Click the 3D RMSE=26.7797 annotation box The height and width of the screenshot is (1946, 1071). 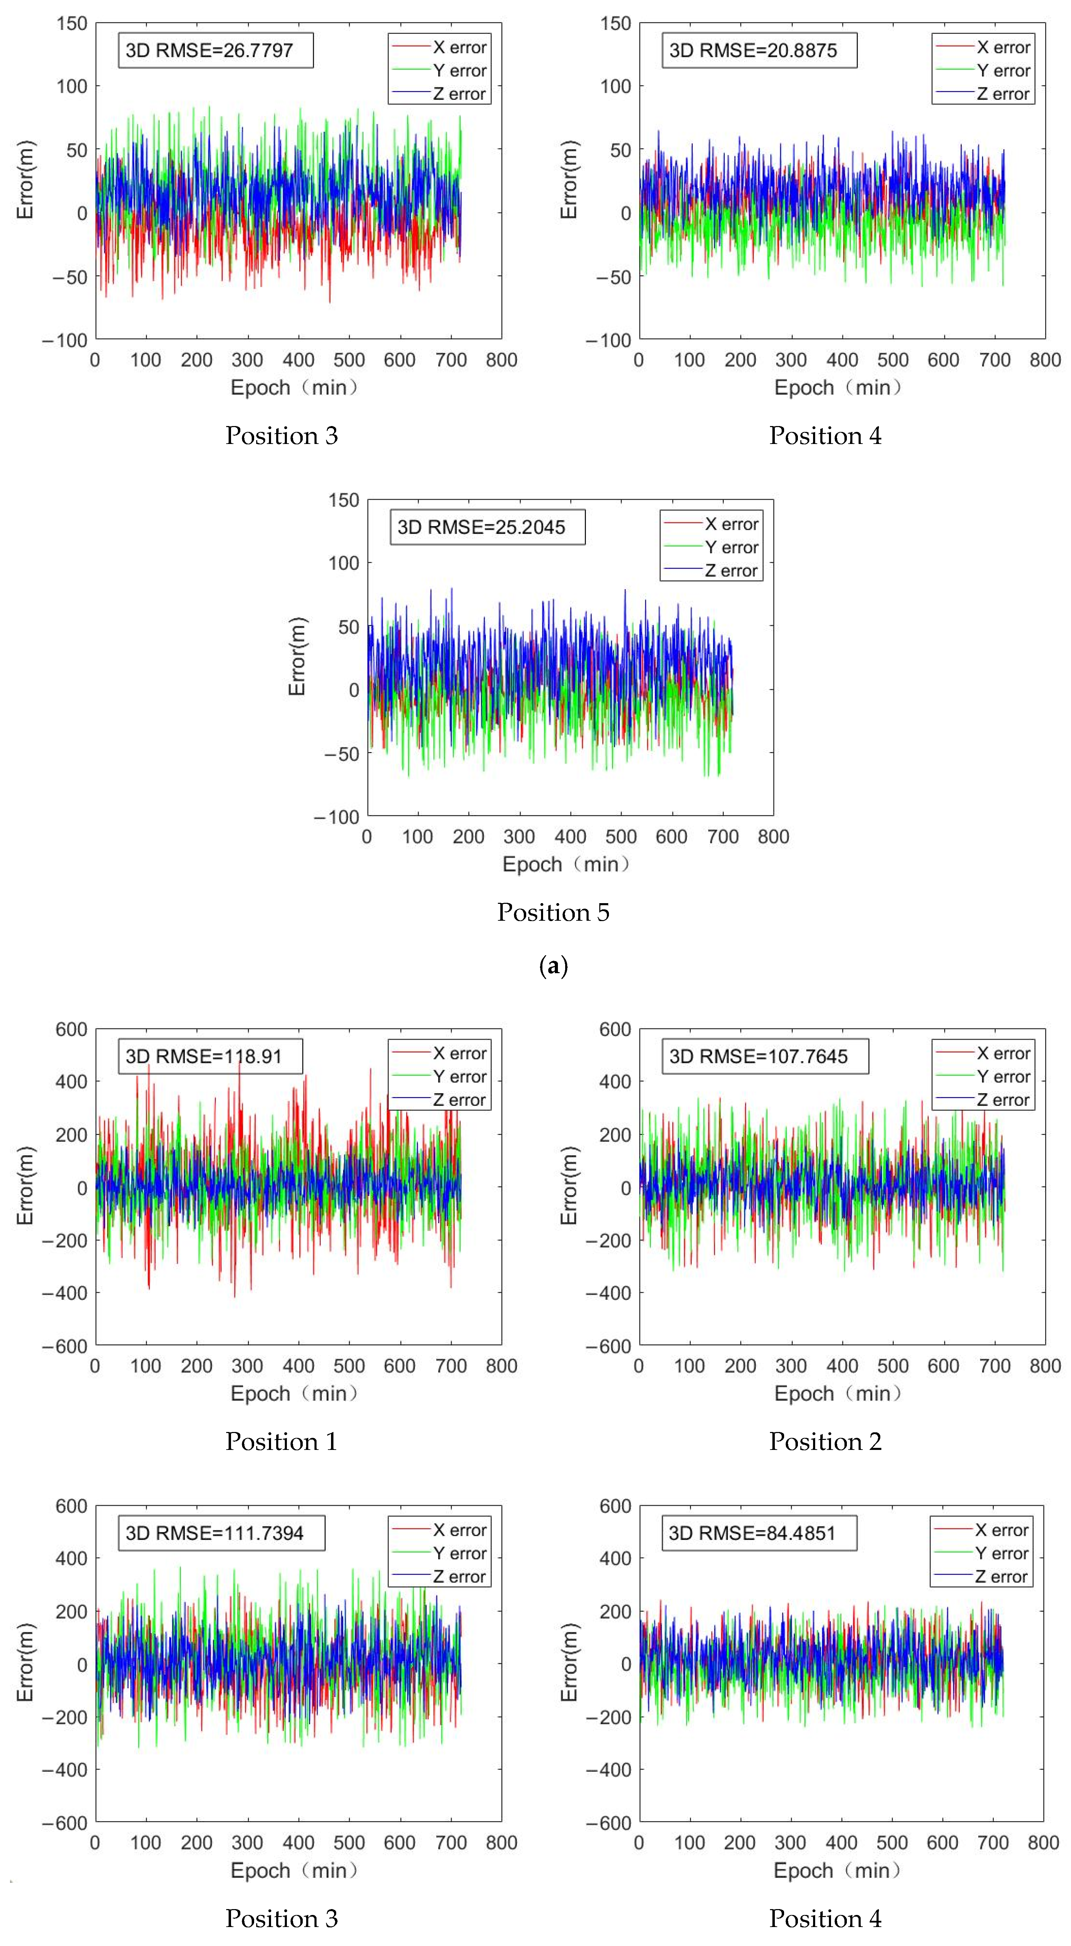[215, 51]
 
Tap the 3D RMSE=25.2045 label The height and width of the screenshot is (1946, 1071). [487, 527]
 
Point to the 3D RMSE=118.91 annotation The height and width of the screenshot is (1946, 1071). [210, 1056]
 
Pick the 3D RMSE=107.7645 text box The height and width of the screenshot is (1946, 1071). [764, 1056]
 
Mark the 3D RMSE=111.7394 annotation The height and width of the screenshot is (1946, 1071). [221, 1533]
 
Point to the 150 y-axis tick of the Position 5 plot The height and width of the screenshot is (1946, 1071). [344, 500]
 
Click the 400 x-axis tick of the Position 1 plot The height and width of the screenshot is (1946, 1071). [298, 1366]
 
